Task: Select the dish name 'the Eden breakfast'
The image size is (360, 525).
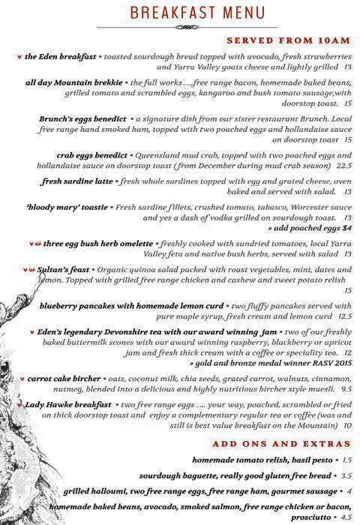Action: (59, 57)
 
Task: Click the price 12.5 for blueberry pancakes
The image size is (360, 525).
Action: (344, 316)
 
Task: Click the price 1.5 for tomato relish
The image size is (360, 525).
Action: (346, 459)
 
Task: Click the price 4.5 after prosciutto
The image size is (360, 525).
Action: (345, 517)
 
